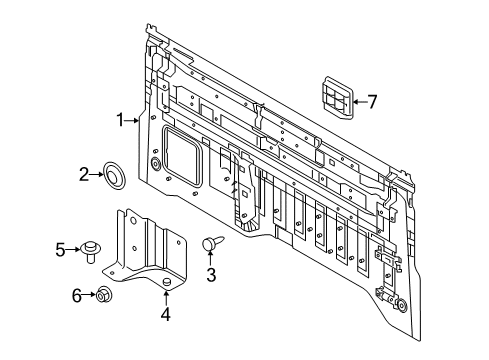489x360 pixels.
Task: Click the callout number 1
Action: [119, 121]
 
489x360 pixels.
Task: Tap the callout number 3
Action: [211, 274]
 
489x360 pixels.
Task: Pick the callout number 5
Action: [59, 249]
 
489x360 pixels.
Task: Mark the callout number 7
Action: [372, 100]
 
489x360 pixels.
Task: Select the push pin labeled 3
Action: [211, 243]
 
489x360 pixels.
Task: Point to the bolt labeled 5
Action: [93, 249]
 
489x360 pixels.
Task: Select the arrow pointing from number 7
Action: [359, 100]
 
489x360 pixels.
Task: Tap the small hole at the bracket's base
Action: [166, 283]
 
